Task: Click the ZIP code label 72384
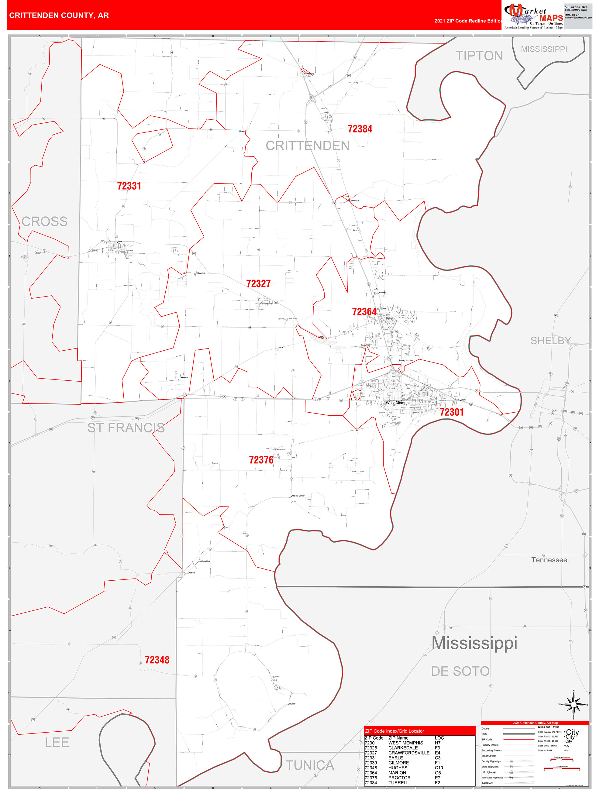click(360, 129)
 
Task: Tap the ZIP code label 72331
click(129, 186)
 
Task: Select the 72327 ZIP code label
click(258, 283)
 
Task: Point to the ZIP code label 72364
click(364, 312)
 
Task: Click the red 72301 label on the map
click(451, 412)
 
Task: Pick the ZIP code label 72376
click(261, 460)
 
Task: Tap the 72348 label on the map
click(157, 660)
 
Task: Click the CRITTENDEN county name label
click(307, 146)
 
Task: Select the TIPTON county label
click(478, 56)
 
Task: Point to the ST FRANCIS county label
click(126, 428)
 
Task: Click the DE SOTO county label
click(460, 671)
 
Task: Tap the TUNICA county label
click(309, 765)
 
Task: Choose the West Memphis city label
click(398, 403)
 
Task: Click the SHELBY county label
click(550, 341)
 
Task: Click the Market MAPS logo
click(533, 16)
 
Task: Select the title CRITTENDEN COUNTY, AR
click(59, 15)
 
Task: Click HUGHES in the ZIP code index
click(397, 768)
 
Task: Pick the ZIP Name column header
click(398, 738)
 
